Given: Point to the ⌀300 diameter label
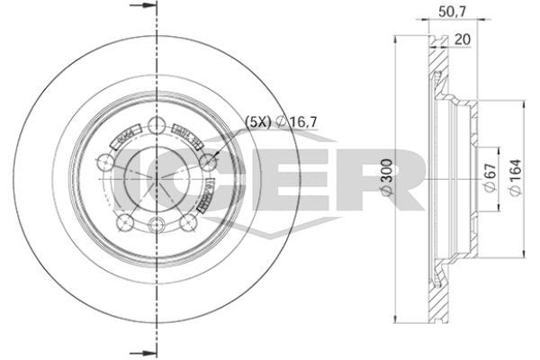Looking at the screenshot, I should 384,179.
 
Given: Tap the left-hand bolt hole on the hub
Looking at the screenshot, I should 106,163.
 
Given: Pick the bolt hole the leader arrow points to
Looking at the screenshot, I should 209,163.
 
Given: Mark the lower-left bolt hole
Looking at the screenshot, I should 126,222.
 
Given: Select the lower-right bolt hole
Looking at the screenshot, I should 189,222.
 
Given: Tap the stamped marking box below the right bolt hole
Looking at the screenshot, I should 207,192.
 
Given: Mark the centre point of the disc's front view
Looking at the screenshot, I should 157,179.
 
